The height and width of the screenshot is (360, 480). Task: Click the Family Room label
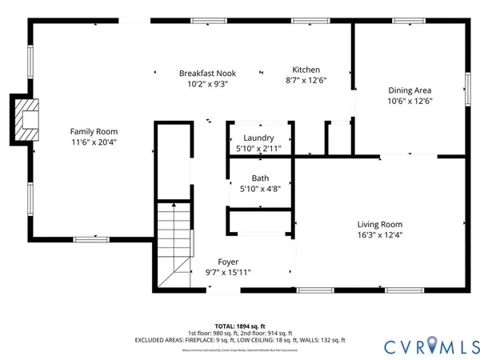pyautogui.click(x=94, y=131)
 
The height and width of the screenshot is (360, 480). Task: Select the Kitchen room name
pyautogui.click(x=306, y=69)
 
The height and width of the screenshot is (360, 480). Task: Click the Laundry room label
pyautogui.click(x=260, y=138)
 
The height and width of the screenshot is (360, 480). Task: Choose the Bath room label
pyautogui.click(x=260, y=178)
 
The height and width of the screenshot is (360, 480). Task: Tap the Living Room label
pyautogui.click(x=379, y=225)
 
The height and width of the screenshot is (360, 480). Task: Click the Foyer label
pyautogui.click(x=229, y=262)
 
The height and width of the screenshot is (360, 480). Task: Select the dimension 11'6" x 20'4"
pyautogui.click(x=94, y=142)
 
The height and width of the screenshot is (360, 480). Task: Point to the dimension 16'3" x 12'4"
pyautogui.click(x=379, y=235)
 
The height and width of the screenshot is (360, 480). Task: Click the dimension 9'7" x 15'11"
pyautogui.click(x=229, y=272)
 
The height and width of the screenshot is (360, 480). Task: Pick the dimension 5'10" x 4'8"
pyautogui.click(x=260, y=189)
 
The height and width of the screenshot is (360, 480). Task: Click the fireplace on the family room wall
pyautogui.click(x=26, y=118)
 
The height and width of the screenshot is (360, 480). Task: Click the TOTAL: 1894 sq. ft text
pyautogui.click(x=240, y=325)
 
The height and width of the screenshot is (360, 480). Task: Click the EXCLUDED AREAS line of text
pyautogui.click(x=240, y=340)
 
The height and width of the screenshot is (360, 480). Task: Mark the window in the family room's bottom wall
pyautogui.click(x=91, y=238)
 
